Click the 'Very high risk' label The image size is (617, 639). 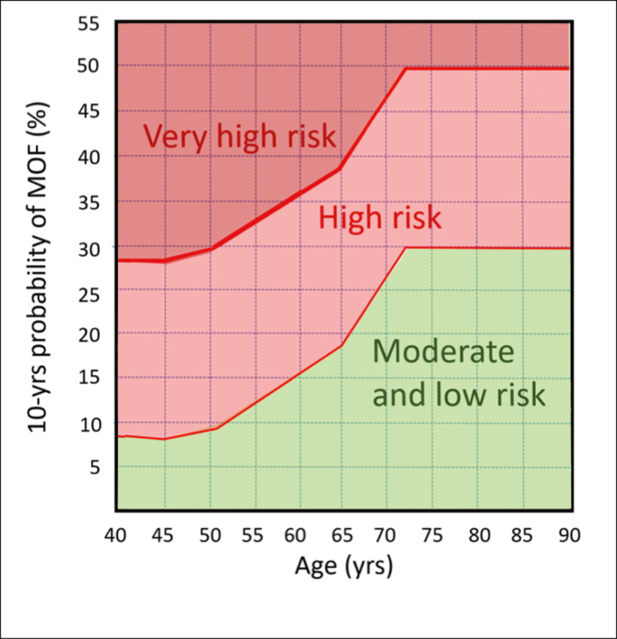[x=239, y=136]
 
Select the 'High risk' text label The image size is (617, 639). [x=379, y=219]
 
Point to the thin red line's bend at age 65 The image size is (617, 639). [x=342, y=345]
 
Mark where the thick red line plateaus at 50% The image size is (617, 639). [x=406, y=69]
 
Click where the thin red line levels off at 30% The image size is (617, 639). [x=406, y=248]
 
